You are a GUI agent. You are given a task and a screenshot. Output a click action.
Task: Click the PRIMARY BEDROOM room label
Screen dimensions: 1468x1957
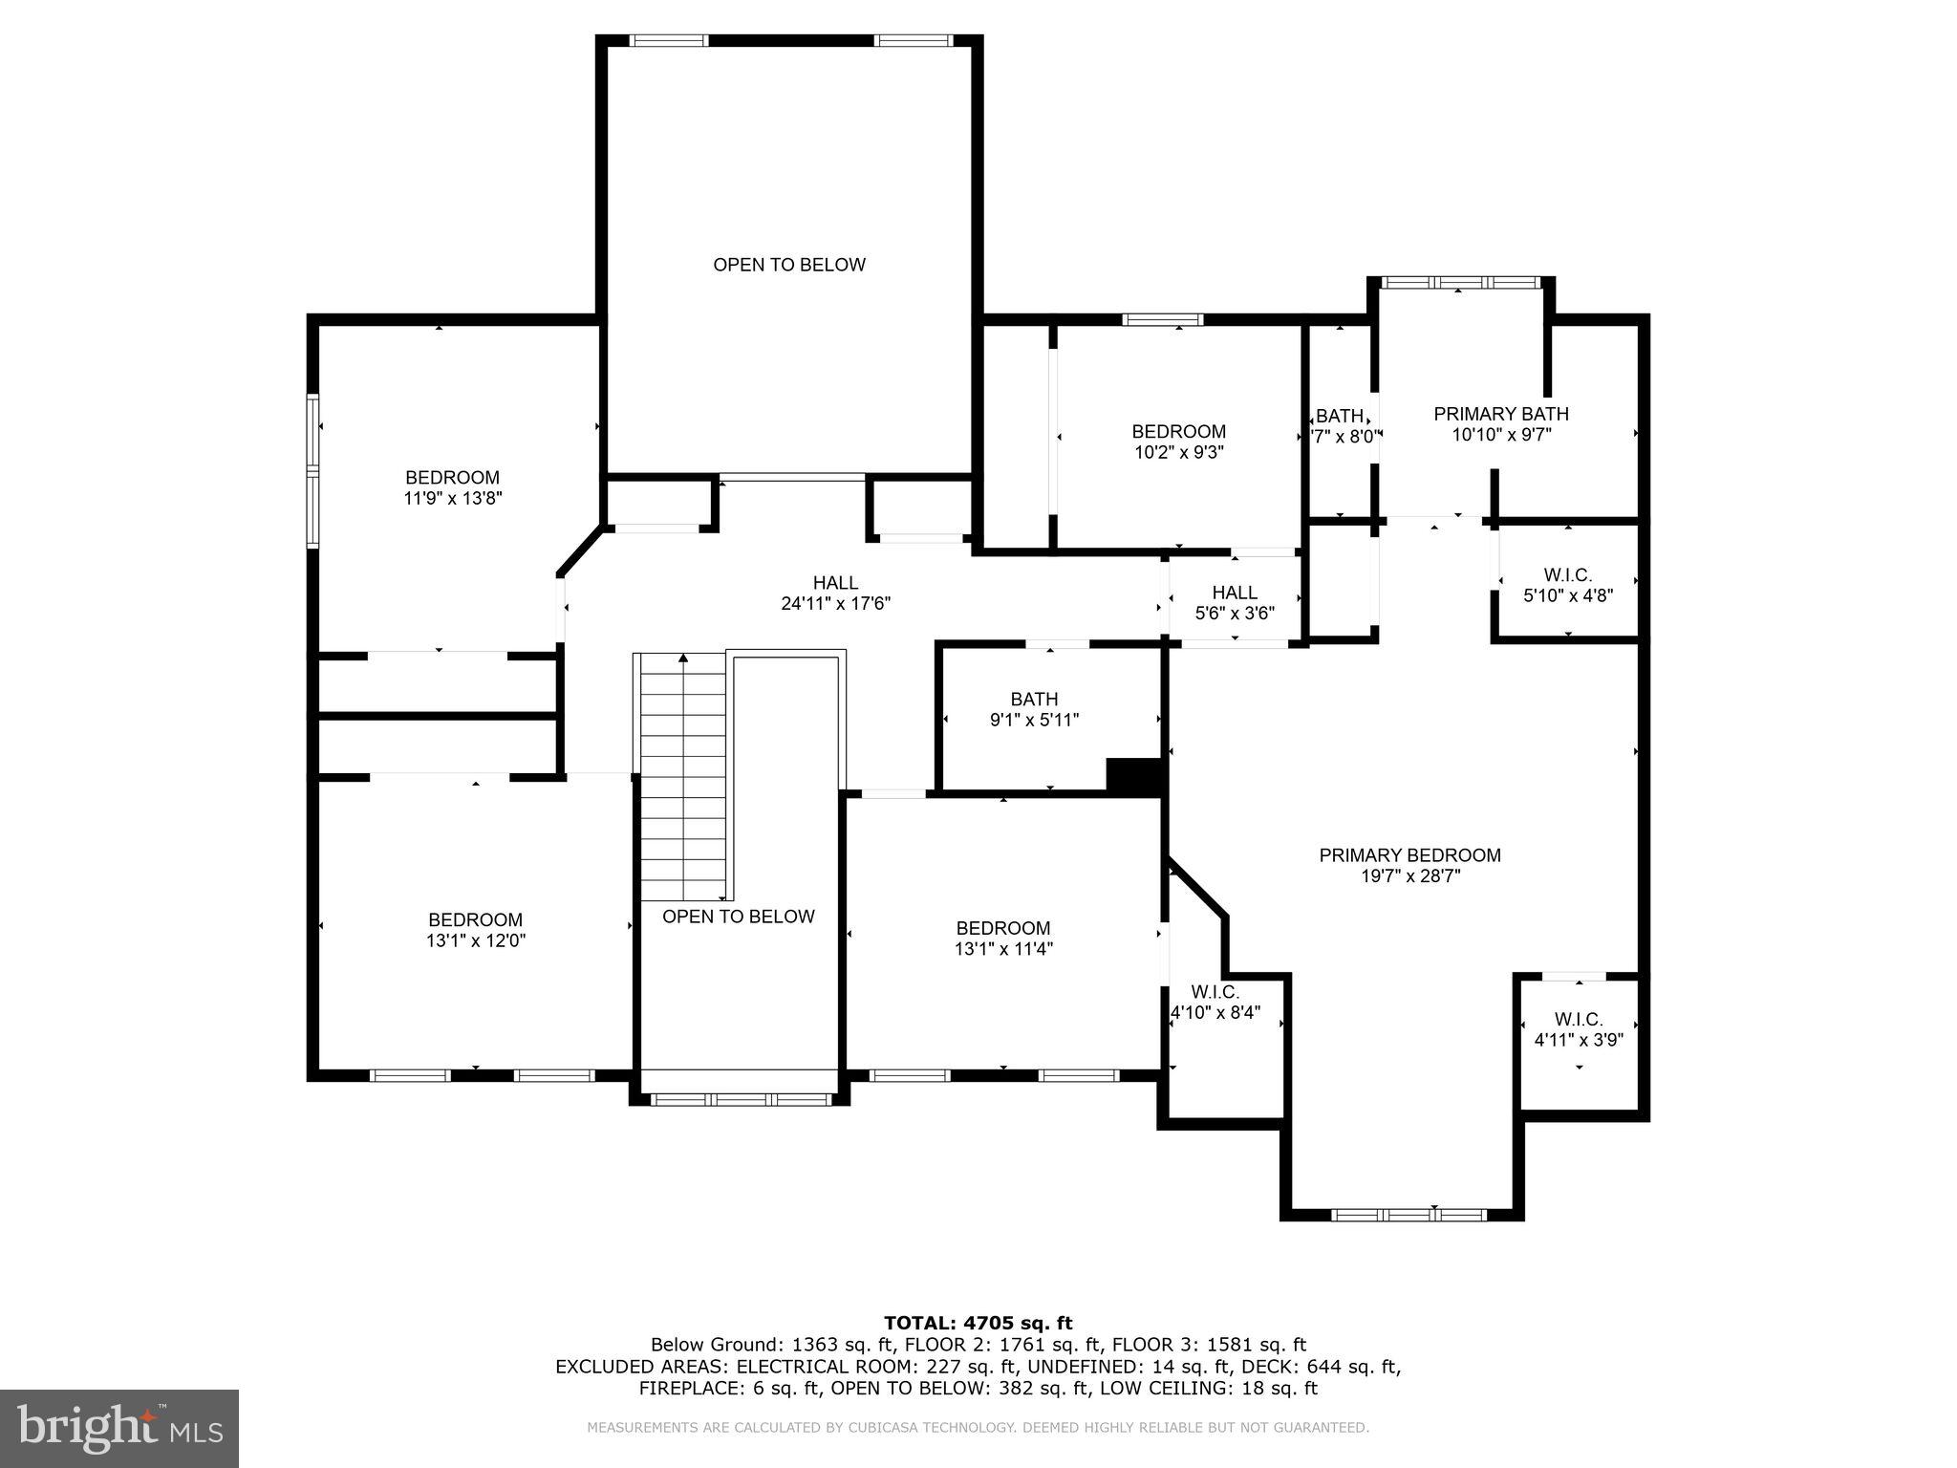pyautogui.click(x=1409, y=855)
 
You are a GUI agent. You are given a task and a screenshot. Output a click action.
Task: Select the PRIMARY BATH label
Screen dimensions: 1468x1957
pyautogui.click(x=1500, y=414)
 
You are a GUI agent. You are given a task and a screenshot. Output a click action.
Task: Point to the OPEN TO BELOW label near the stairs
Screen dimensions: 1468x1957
pyautogui.click(x=738, y=917)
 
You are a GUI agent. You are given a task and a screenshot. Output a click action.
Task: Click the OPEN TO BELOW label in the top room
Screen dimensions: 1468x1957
pyautogui.click(x=789, y=265)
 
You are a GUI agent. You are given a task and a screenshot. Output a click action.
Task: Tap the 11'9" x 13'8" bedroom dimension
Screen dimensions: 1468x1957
pyautogui.click(x=452, y=498)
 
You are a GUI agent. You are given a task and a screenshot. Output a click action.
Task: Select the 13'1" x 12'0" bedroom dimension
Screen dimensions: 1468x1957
pyautogui.click(x=475, y=940)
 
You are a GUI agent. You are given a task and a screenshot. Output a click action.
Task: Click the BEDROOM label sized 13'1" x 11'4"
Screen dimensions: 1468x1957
pyautogui.click(x=1002, y=928)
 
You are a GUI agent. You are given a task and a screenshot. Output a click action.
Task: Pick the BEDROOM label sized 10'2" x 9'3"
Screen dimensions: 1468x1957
pyautogui.click(x=1178, y=431)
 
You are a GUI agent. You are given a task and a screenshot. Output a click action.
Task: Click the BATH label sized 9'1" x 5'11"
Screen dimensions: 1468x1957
pyautogui.click(x=1034, y=700)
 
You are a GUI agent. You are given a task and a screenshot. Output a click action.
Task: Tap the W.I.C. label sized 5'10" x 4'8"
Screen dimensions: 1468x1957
pyautogui.click(x=1567, y=575)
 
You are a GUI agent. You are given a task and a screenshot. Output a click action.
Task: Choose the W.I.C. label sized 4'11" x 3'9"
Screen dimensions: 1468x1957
pyautogui.click(x=1578, y=1020)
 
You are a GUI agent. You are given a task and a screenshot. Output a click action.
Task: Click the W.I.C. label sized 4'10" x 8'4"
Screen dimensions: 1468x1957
pyautogui.click(x=1215, y=992)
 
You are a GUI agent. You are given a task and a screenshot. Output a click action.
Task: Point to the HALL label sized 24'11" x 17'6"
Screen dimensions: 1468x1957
pyautogui.click(x=835, y=583)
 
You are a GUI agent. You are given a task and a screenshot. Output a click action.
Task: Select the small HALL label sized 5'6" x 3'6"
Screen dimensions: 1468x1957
pyautogui.click(x=1235, y=593)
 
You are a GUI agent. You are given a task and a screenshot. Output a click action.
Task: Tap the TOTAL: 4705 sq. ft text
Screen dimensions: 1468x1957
pyautogui.click(x=978, y=1323)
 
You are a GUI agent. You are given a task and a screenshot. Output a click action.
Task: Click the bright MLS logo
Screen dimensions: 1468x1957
pyautogui.click(x=119, y=1428)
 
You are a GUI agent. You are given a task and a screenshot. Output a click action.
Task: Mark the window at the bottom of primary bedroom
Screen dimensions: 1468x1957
pyautogui.click(x=1409, y=1215)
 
